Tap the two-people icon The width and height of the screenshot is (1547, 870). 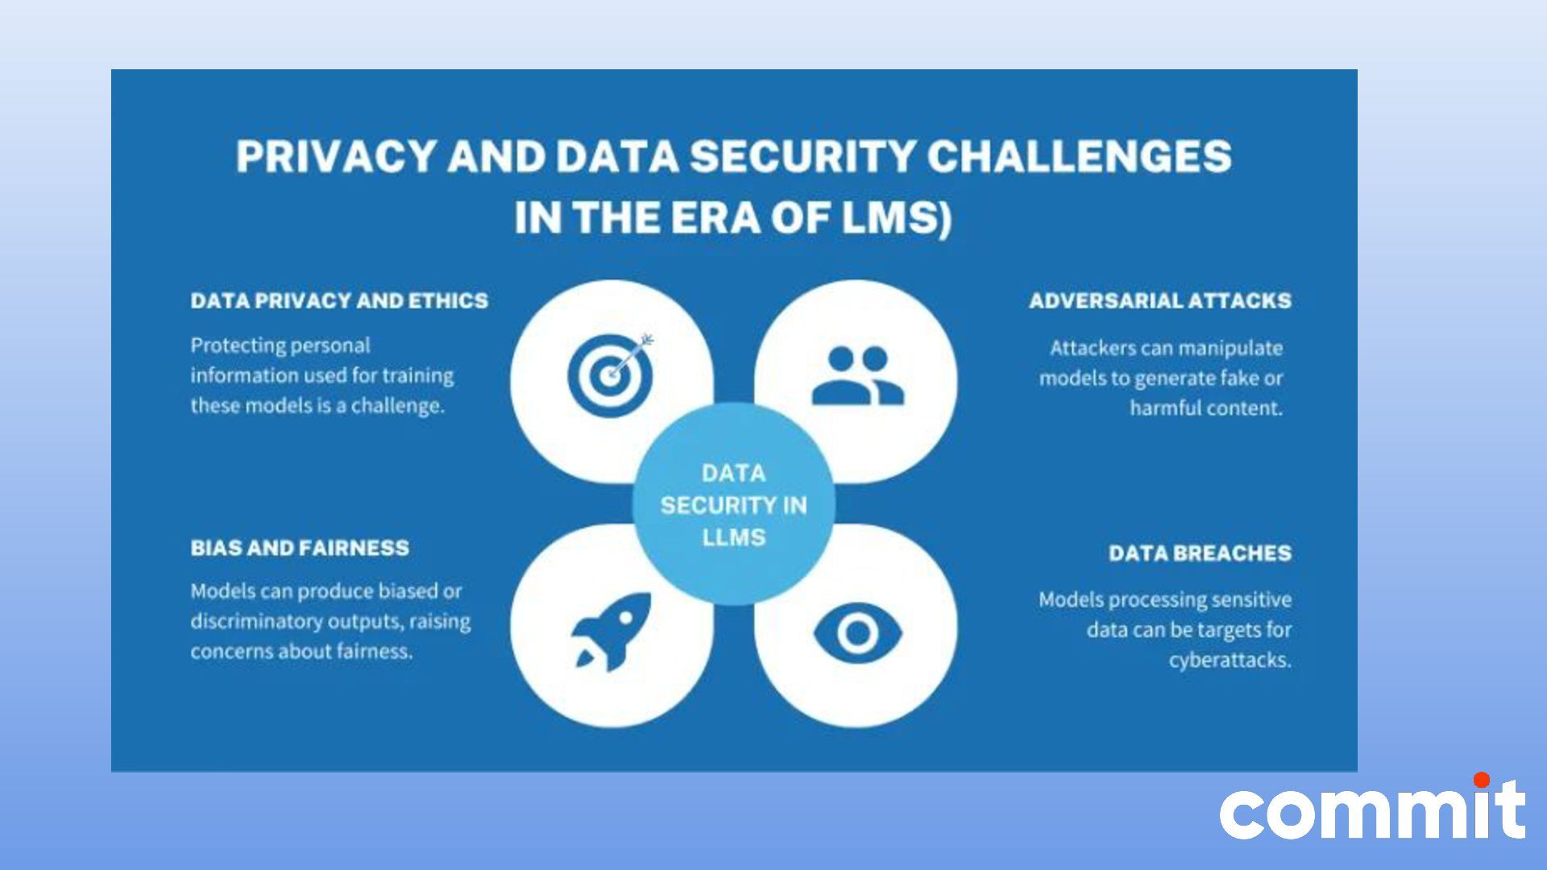click(857, 375)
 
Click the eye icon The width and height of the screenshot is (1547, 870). click(856, 633)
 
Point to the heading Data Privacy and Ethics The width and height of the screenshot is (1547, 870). click(339, 301)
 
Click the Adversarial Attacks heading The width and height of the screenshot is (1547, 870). click(1159, 301)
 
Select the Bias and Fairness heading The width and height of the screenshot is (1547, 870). click(300, 549)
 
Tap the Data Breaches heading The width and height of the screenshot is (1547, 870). click(1200, 553)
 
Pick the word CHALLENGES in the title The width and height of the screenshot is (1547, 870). click(1079, 157)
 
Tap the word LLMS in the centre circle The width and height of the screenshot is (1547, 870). click(733, 537)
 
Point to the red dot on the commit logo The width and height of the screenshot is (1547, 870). click(1481, 780)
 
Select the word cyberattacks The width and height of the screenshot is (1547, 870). click(1230, 661)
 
